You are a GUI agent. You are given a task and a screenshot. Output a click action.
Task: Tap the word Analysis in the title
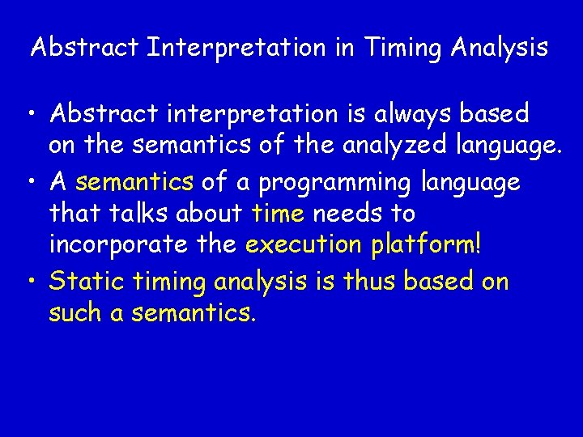point(498,48)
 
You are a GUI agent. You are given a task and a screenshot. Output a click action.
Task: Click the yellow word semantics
point(134,181)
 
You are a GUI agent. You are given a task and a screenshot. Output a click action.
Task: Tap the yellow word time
point(278,214)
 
